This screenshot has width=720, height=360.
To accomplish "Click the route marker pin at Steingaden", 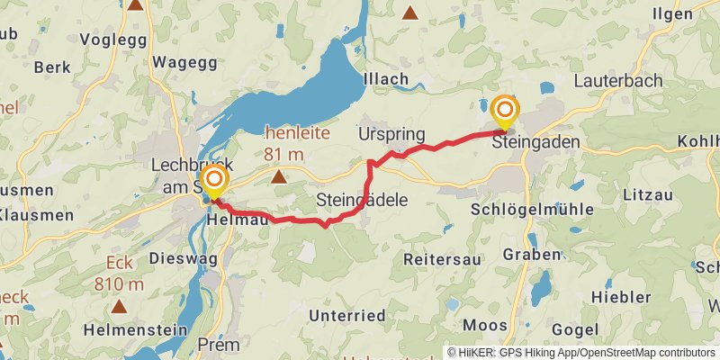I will tap(505, 112).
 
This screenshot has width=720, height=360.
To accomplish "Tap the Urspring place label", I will tap(391, 134).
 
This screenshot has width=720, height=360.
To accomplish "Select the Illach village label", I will tap(385, 79).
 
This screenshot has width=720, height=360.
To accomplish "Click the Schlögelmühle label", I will tap(532, 208).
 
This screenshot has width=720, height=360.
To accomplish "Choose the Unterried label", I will tap(346, 315).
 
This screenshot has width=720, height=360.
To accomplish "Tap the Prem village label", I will tap(217, 345).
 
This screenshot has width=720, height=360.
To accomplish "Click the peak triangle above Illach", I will tap(410, 13).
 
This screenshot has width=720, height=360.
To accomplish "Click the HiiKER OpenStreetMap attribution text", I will tap(580, 352).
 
